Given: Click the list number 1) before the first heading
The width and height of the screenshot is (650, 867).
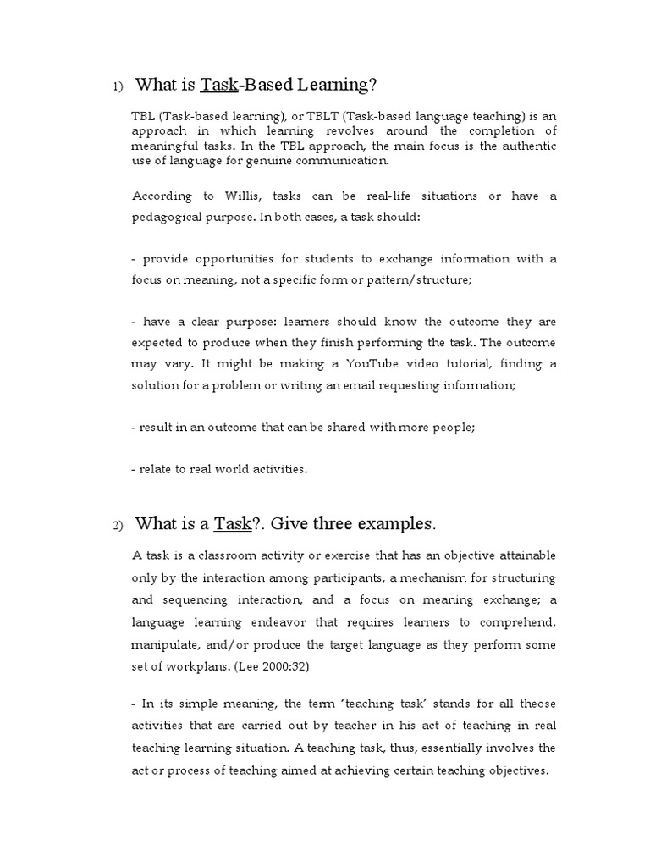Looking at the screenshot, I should click(x=118, y=86).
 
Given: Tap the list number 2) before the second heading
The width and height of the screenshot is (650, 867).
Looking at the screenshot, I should click(x=118, y=526).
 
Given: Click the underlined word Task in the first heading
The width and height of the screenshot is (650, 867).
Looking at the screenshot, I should click(x=218, y=85).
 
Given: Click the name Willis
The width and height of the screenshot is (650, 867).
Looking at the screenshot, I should click(x=242, y=196).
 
